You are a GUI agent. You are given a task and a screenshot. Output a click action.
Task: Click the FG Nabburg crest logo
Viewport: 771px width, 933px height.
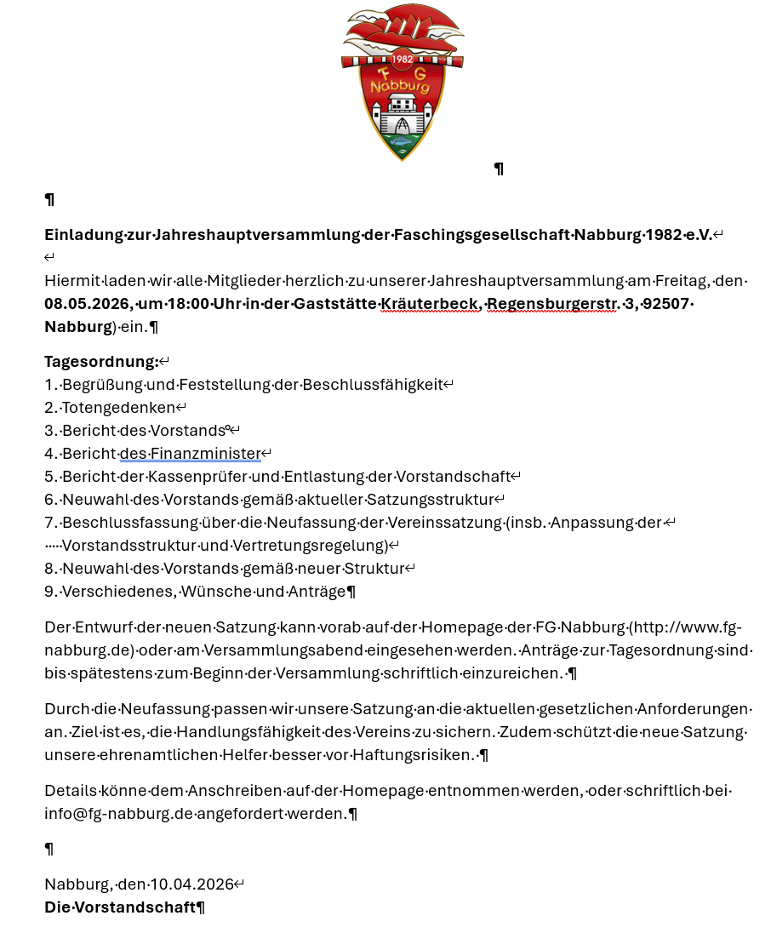pyautogui.click(x=402, y=81)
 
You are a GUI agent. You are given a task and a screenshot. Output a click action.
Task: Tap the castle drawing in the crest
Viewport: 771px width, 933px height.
pyautogui.click(x=402, y=115)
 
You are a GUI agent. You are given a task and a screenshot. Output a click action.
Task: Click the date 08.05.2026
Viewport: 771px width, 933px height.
pyautogui.click(x=87, y=304)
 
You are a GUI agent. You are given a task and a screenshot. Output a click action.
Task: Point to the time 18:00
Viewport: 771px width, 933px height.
pyautogui.click(x=192, y=304)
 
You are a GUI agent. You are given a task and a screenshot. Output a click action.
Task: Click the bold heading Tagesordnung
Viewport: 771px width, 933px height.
pyautogui.click(x=101, y=362)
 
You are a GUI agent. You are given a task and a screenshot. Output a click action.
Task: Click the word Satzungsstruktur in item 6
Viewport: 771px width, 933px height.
pyautogui.click(x=439, y=500)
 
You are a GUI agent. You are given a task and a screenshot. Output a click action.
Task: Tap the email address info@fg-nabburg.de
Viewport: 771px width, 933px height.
pyautogui.click(x=119, y=814)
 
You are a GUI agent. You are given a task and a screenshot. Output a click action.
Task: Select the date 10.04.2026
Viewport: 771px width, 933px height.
pyautogui.click(x=191, y=884)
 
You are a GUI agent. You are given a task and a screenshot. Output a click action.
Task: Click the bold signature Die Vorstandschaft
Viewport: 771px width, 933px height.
pyautogui.click(x=119, y=907)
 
